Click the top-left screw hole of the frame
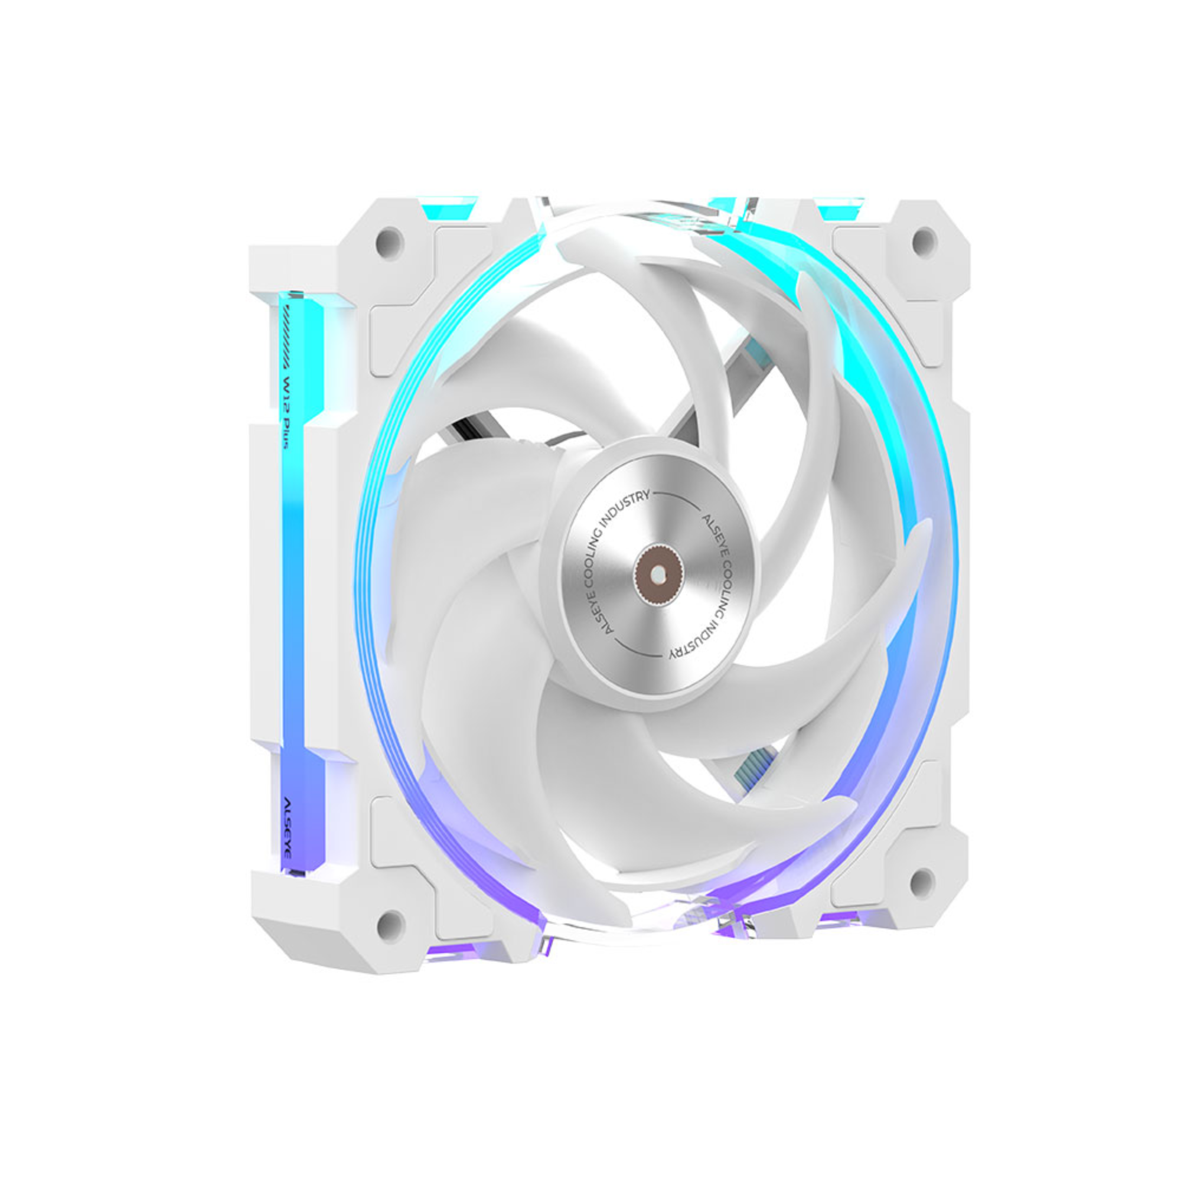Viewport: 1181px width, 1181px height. [389, 243]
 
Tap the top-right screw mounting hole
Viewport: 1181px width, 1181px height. [924, 242]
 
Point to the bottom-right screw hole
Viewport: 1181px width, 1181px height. [922, 882]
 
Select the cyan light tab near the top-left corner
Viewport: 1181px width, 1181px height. [448, 205]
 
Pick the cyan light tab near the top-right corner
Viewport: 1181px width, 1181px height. [840, 207]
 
